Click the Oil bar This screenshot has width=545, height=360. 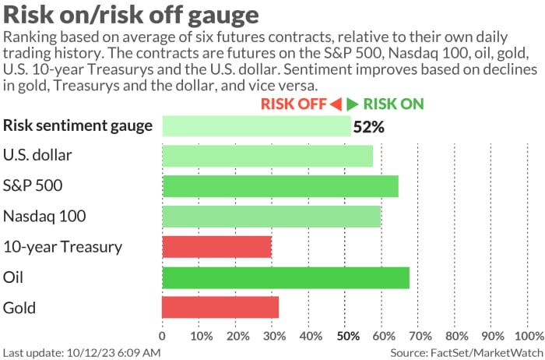[285, 277]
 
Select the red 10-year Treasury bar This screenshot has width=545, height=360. [216, 247]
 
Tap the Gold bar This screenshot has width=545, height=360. [220, 308]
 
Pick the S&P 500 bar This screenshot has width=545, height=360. [280, 186]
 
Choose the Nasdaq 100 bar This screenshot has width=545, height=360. [271, 217]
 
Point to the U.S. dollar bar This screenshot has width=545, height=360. [267, 156]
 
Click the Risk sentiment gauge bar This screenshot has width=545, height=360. [256, 125]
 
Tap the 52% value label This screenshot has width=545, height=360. [369, 127]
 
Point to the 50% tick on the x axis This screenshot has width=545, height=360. [347, 337]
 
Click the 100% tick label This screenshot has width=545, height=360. [530, 337]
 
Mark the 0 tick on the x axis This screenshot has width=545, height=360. [162, 337]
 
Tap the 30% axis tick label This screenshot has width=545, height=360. [274, 337]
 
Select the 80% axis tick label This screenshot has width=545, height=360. [457, 337]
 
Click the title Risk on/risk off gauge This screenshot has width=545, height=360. [132, 16]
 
